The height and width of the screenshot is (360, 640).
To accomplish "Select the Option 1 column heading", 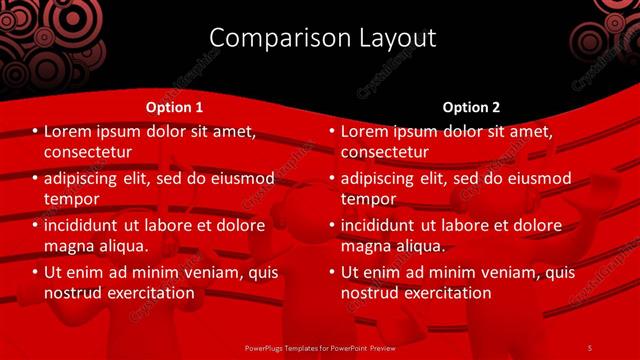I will (174, 107).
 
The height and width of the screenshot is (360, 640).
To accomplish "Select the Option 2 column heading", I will (472, 107).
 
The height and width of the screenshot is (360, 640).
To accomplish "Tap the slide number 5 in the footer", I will (589, 348).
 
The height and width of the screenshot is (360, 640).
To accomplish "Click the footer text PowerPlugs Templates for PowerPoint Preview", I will (320, 348).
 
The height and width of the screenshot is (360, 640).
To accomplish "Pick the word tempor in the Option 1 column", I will (72, 199).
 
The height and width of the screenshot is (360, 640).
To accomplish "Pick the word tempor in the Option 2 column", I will (369, 199).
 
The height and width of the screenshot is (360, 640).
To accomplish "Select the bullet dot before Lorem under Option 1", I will (35, 131).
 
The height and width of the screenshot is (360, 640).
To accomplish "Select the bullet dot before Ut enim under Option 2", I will (332, 272).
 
